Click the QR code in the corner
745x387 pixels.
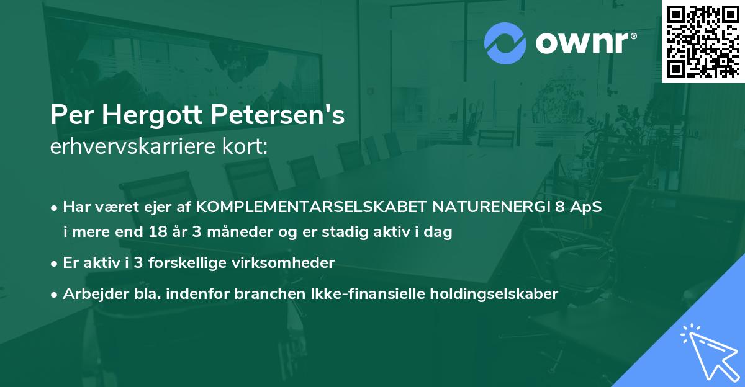pyautogui.click(x=703, y=41)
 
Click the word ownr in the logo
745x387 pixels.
pyautogui.click(x=584, y=43)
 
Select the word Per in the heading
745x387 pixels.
pyautogui.click(x=71, y=115)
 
